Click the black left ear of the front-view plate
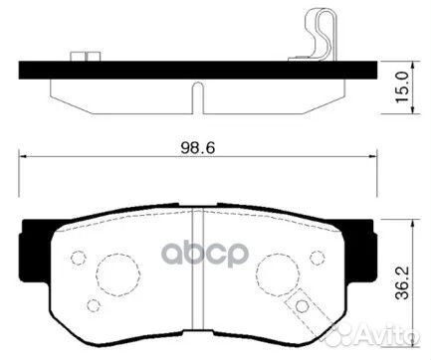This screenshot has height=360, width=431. point(34,243)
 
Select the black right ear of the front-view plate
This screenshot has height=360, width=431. point(363,243)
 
